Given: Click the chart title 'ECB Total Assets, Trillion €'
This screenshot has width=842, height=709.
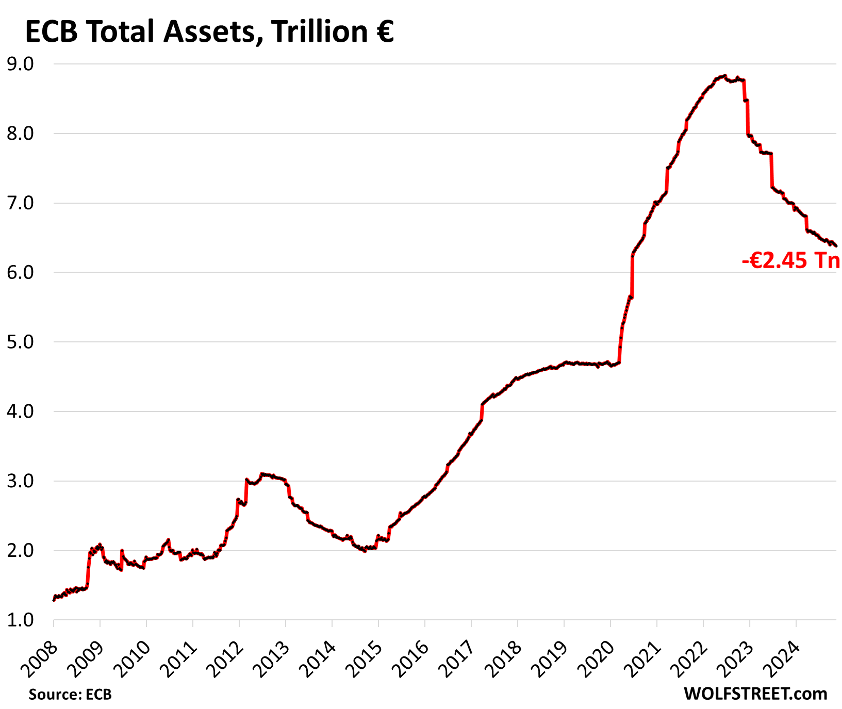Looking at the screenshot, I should pos(209,32).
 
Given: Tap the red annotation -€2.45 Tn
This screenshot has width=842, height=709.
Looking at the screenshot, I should pos(791,261).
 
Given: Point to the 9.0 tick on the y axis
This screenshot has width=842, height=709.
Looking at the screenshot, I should pos(20,64).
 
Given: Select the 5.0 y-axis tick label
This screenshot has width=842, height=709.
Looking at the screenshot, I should pos(20,342).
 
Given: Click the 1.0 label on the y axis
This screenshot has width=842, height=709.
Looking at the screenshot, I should pos(20,620).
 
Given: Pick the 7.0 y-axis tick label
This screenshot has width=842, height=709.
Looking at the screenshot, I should pos(20,203).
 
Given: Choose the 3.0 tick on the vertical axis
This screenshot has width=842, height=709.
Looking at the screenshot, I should pos(20,481).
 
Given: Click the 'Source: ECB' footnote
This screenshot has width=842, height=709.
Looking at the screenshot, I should pos(70,695).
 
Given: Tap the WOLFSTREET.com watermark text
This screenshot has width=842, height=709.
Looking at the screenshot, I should pos(755,694).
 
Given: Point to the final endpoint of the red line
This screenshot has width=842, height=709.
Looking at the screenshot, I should pos(836,246).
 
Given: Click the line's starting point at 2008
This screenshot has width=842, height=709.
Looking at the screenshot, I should pos(54,600).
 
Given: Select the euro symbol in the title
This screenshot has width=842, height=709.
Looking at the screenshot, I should pos(384,32).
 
